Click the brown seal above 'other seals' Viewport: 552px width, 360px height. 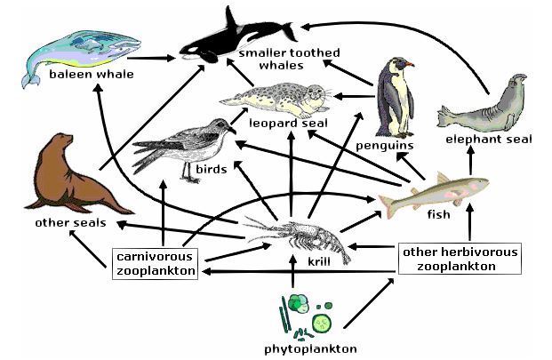tap(68, 174)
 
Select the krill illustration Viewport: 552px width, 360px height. tap(298, 236)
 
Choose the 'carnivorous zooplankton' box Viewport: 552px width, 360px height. tap(156, 263)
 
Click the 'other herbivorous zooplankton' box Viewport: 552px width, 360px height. tap(460, 259)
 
